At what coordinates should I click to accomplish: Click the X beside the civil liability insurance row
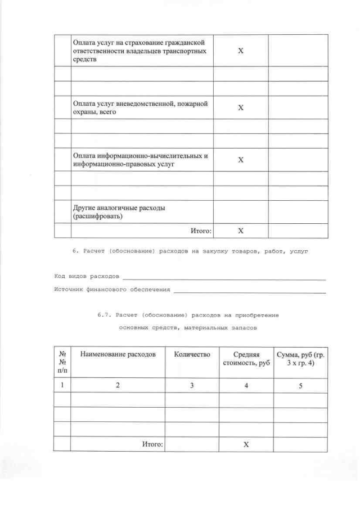coord(240,51)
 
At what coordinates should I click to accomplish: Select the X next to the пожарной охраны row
coord(240,107)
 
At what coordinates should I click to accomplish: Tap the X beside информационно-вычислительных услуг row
coord(240,160)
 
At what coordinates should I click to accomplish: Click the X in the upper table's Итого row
coord(240,231)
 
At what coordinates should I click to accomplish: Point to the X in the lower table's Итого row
coord(245,444)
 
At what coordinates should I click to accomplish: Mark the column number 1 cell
coord(62,385)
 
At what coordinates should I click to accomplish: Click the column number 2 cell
coord(117,385)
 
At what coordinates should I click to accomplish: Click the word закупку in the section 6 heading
coord(210,252)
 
